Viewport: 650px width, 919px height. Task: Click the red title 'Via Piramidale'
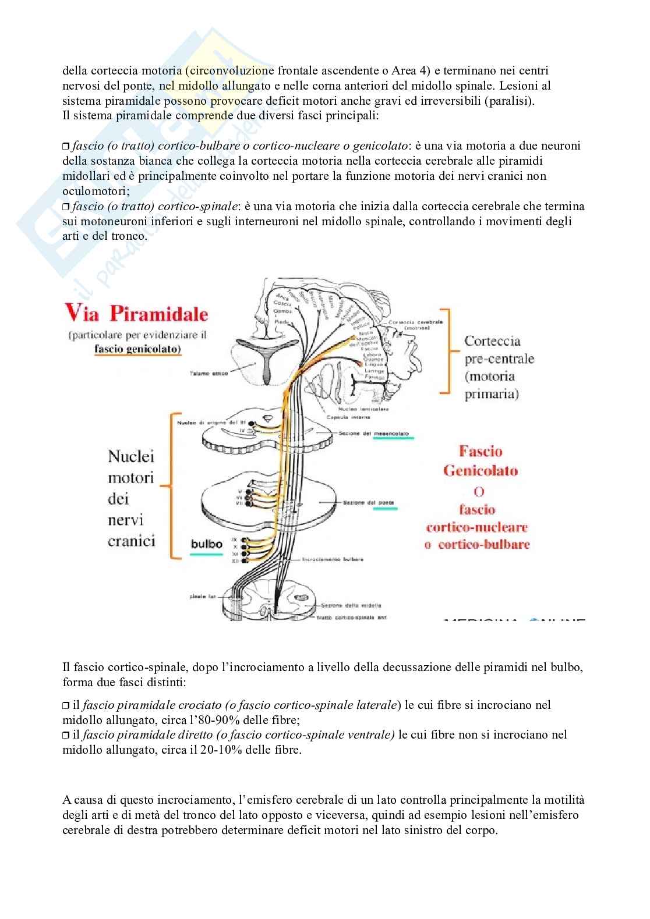pyautogui.click(x=136, y=314)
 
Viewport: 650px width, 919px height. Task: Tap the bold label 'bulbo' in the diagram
pyautogui.click(x=207, y=544)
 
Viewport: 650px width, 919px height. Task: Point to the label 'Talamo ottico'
pyautogui.click(x=209, y=373)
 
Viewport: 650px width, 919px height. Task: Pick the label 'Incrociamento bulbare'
pyautogui.click(x=333, y=559)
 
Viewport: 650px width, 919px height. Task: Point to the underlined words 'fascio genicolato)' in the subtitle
pyautogui.click(x=138, y=349)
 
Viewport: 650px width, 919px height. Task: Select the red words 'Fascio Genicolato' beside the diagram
pyautogui.click(x=481, y=461)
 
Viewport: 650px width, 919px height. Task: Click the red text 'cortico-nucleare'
pyautogui.click(x=477, y=527)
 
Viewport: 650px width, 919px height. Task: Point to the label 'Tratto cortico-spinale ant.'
pyautogui.click(x=351, y=618)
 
